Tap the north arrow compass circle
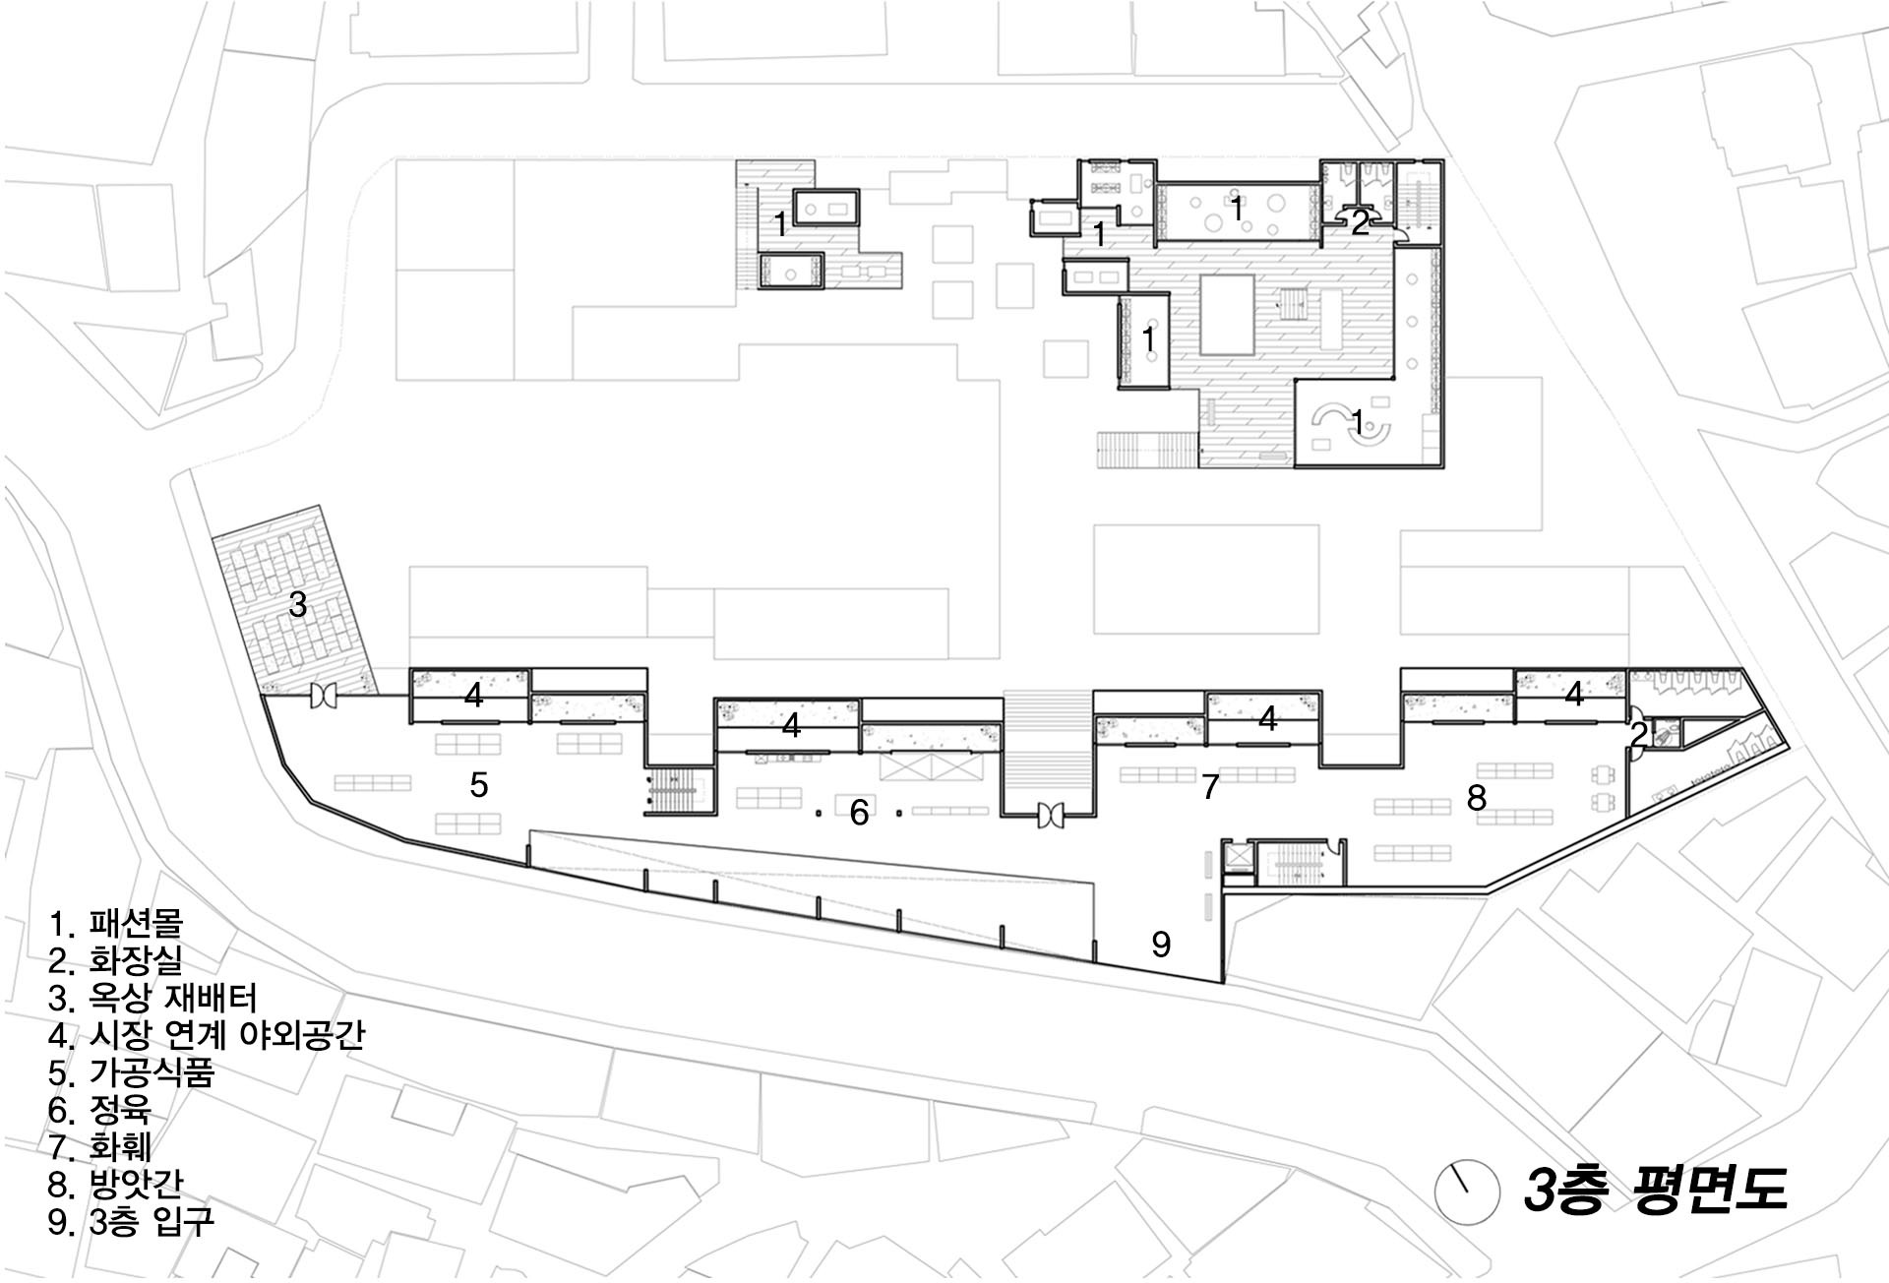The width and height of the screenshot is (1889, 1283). [x=1461, y=1191]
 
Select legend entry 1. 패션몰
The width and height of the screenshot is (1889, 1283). [x=116, y=923]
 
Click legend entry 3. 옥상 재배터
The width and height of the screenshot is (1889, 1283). [x=152, y=998]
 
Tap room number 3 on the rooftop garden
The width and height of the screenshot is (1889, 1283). [x=297, y=604]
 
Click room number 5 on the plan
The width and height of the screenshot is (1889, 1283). [x=478, y=784]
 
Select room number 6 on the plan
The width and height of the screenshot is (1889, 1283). [x=859, y=812]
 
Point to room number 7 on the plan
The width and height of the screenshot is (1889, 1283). [x=1210, y=786]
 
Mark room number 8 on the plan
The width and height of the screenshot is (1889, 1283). [x=1476, y=797]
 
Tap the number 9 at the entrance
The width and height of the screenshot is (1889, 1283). [x=1161, y=945]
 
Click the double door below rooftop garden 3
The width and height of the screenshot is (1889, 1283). [x=323, y=697]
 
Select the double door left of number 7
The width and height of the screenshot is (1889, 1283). [x=1050, y=815]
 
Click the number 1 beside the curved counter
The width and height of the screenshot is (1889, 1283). [x=1358, y=423]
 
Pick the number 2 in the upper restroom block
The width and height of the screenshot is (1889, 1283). [x=1359, y=224]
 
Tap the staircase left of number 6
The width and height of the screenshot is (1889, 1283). [x=678, y=792]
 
